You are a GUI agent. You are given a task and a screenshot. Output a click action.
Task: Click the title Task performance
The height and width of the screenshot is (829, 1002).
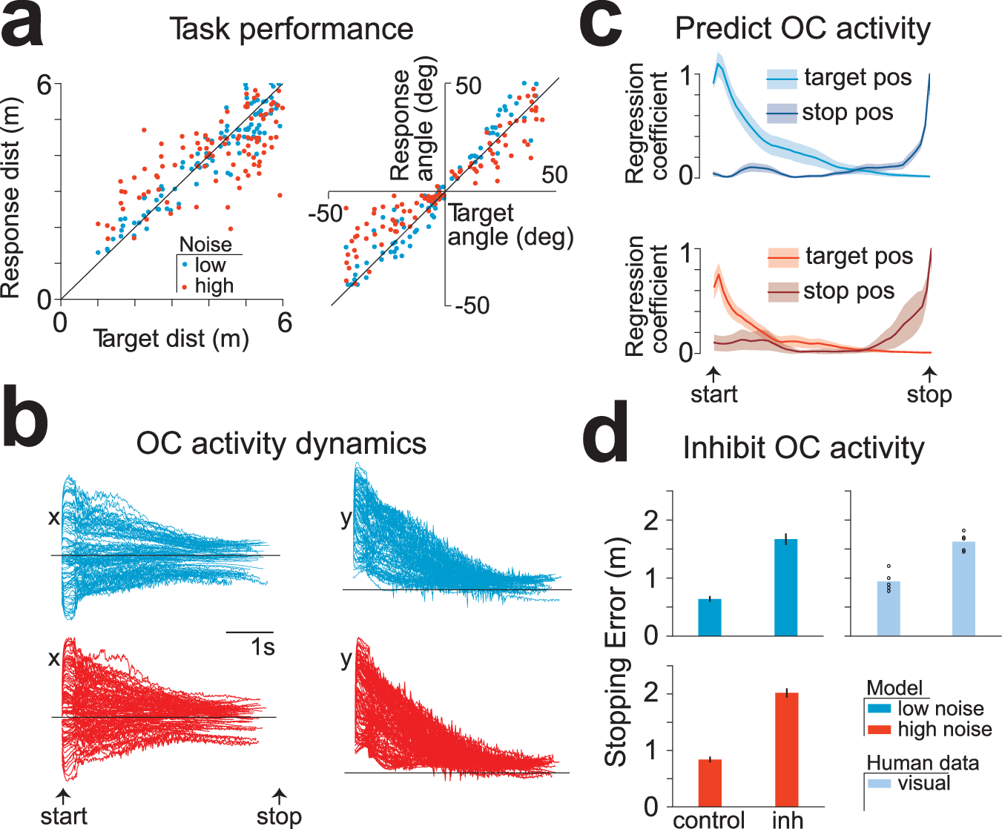[291, 30]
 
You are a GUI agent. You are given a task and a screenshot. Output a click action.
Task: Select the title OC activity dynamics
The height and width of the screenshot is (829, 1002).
[281, 443]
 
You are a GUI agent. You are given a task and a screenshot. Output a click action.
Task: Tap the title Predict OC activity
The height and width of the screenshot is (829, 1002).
[802, 29]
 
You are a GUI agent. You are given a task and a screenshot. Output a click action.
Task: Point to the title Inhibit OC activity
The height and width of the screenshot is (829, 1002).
[803, 448]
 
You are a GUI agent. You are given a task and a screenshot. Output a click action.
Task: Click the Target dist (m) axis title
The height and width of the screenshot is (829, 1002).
[171, 339]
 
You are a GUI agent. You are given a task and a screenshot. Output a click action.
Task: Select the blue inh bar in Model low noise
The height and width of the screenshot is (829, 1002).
[785, 587]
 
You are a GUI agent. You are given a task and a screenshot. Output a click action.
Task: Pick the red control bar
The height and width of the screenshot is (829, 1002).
[710, 783]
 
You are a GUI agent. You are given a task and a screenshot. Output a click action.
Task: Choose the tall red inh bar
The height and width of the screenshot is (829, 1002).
[786, 750]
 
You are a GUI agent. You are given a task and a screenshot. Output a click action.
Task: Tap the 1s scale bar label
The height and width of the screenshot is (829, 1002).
[263, 647]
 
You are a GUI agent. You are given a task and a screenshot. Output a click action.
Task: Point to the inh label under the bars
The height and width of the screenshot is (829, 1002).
[787, 819]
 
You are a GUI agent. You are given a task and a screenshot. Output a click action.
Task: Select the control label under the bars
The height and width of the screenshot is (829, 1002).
[709, 819]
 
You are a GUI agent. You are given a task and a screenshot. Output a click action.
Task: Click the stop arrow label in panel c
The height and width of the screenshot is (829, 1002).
[929, 394]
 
